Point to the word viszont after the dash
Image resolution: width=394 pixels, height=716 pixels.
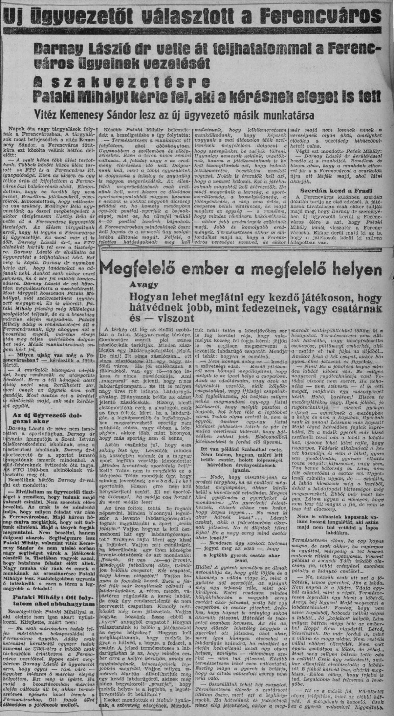click(x=178, y=318)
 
